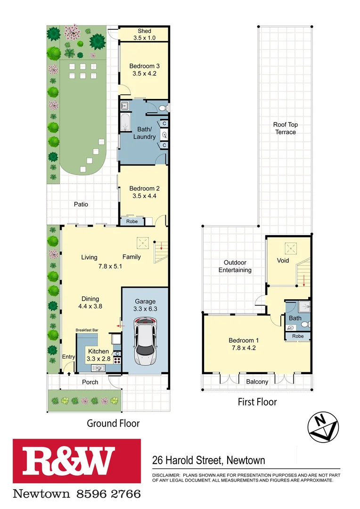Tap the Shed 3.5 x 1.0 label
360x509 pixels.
144,34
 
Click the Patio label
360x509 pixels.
81,205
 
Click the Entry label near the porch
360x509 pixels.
68,357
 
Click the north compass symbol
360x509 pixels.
323,427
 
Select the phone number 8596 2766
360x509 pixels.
106,494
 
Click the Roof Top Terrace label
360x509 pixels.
286,128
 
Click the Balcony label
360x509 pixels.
256,382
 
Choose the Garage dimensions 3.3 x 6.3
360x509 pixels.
145,309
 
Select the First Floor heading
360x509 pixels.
257,402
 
